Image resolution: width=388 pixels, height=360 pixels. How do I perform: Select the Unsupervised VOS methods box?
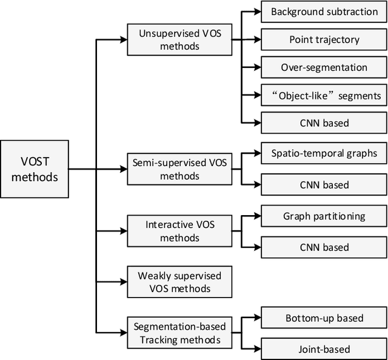pyautogui.click(x=179, y=39)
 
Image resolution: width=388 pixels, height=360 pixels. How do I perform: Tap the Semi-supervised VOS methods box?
pyautogui.click(x=179, y=169)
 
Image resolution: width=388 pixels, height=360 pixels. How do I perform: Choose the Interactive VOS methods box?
pyautogui.click(x=179, y=231)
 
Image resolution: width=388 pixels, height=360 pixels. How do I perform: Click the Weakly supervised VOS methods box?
pyautogui.click(x=179, y=282)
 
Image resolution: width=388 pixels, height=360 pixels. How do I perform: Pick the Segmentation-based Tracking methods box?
pyautogui.click(x=179, y=332)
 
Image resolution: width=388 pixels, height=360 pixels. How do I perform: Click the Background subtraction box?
pyautogui.click(x=324, y=12)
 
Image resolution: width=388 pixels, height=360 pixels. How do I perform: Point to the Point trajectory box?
pyautogui.click(x=324, y=39)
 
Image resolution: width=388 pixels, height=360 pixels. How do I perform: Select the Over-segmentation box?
pyautogui.click(x=324, y=67)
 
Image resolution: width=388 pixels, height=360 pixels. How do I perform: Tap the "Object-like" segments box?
pyautogui.click(x=324, y=95)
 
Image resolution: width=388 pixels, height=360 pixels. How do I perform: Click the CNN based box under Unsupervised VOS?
pyautogui.click(x=324, y=123)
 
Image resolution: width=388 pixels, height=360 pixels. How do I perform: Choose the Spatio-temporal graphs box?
pyautogui.click(x=324, y=153)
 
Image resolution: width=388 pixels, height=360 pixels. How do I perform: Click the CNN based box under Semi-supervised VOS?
pyautogui.click(x=324, y=185)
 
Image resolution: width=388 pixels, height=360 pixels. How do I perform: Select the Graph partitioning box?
pyautogui.click(x=324, y=216)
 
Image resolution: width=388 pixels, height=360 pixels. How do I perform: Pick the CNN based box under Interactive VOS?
pyautogui.click(x=324, y=247)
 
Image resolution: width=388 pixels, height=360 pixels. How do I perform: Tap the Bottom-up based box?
pyautogui.click(x=324, y=318)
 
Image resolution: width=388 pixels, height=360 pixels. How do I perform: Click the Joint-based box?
pyautogui.click(x=324, y=349)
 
